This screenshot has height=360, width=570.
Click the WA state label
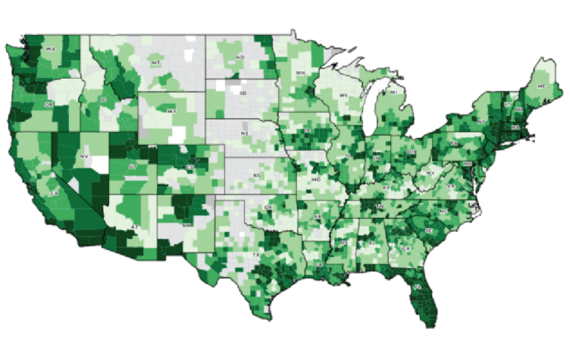click(x=50, y=49)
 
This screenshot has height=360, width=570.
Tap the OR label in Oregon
click(x=48, y=105)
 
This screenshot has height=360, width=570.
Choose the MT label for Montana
click(x=156, y=63)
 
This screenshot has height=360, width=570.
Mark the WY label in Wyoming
click(x=171, y=111)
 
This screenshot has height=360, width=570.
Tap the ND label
click(x=240, y=57)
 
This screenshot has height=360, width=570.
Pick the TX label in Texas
click(x=256, y=255)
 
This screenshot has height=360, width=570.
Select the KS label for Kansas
click(x=256, y=175)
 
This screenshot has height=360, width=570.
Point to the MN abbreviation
click(x=301, y=73)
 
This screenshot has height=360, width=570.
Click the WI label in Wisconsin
click(x=344, y=96)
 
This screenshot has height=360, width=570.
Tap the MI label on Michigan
click(x=393, y=92)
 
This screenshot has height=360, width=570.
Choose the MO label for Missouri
click(x=316, y=179)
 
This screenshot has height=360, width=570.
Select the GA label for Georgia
click(x=405, y=249)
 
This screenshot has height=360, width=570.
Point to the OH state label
click(x=410, y=152)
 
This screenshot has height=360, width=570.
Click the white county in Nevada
click(x=99, y=163)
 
